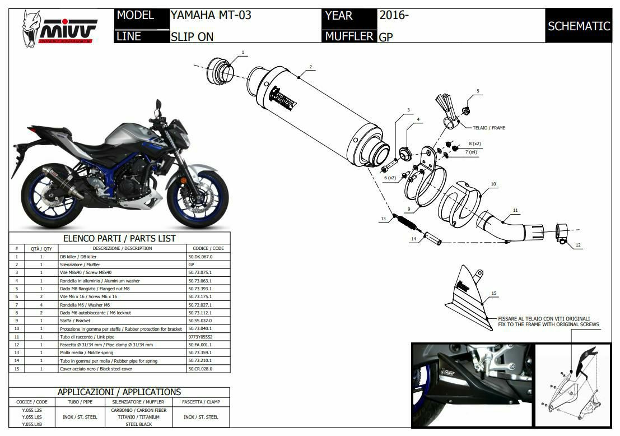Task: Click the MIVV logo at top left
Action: coord(59,28)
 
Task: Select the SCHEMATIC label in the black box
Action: coord(579,26)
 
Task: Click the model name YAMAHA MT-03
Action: coord(211,15)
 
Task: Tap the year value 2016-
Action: coord(394,15)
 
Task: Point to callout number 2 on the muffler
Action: coord(310,67)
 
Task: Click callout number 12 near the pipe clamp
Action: coord(578,245)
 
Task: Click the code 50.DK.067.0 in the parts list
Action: coord(201,256)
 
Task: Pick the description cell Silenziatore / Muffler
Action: coord(80,264)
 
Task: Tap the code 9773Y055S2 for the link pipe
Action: coord(201,337)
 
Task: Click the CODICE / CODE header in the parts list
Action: coord(209,248)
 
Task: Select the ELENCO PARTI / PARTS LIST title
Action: coord(119,238)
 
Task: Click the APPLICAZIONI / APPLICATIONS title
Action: coord(119,392)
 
